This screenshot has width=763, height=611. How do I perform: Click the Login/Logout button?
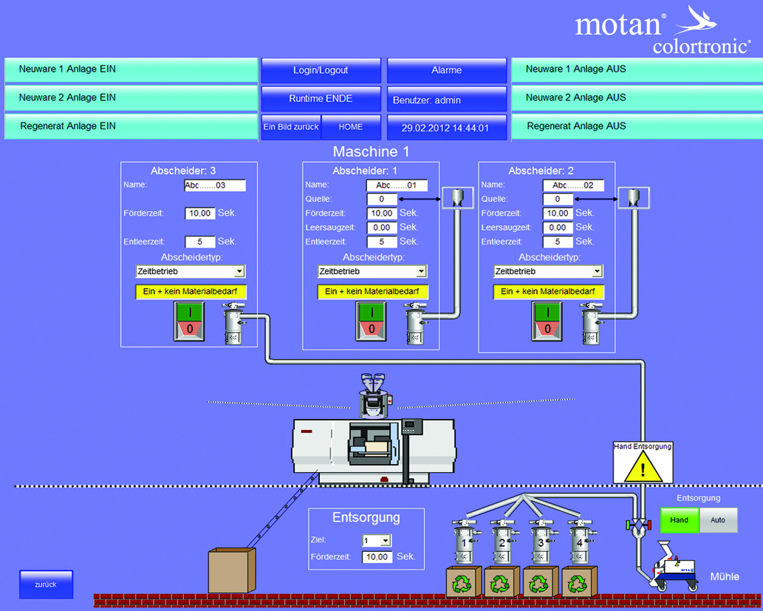[x=321, y=70]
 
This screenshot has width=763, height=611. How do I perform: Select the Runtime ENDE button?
[x=321, y=98]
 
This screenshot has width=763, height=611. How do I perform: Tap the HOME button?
[x=351, y=127]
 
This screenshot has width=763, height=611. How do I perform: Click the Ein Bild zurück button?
[x=291, y=127]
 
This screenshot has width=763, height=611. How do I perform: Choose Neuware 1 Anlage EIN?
[x=130, y=69]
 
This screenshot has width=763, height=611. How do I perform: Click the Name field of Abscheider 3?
[x=214, y=185]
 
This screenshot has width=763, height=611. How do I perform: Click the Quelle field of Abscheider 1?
[x=382, y=199]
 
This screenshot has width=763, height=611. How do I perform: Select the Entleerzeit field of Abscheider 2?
[x=558, y=242]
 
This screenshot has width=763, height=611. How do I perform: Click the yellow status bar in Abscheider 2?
[x=548, y=292]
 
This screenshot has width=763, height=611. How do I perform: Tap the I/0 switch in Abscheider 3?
[x=188, y=321]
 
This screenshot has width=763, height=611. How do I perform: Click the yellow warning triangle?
[x=643, y=468]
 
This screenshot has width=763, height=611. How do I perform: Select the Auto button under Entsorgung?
[x=718, y=520]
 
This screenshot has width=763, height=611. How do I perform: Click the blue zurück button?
[x=46, y=584]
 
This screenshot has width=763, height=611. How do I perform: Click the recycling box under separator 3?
[x=540, y=582]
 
